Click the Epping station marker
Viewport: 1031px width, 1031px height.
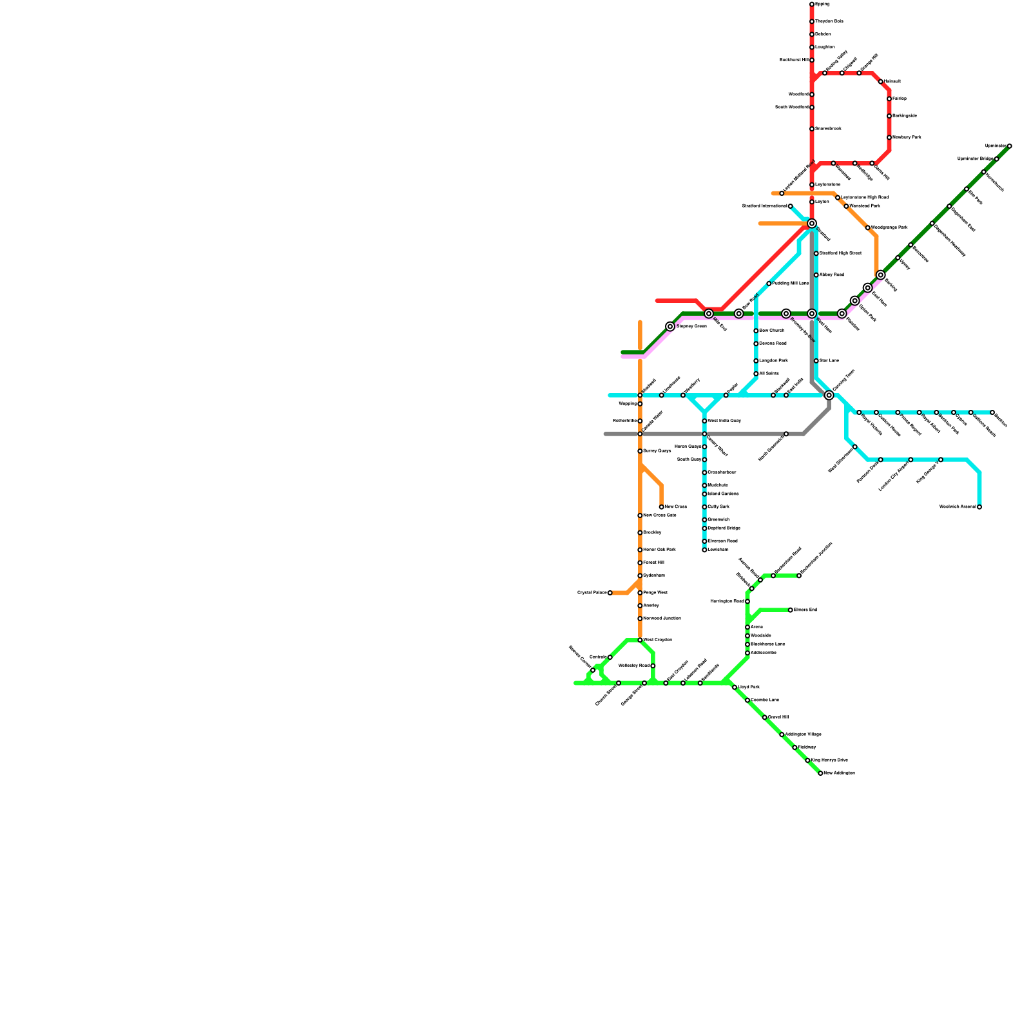click(x=812, y=5)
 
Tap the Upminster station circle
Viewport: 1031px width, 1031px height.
click(x=1009, y=146)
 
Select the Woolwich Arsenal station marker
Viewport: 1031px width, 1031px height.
click(x=979, y=507)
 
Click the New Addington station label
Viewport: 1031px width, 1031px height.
click(x=839, y=773)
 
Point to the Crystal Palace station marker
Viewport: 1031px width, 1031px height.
click(x=610, y=593)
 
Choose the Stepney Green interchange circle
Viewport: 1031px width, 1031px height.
click(x=670, y=327)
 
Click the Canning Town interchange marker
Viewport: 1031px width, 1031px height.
click(x=829, y=395)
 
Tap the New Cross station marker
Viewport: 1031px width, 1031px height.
click(x=662, y=507)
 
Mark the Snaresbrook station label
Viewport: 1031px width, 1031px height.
click(x=828, y=129)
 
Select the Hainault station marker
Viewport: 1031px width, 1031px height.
click(x=881, y=82)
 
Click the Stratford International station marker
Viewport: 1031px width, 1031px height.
click(x=791, y=206)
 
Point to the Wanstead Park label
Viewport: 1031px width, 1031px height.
click(x=864, y=206)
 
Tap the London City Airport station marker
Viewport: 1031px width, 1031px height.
click(x=911, y=459)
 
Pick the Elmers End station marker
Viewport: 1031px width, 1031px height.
click(x=791, y=610)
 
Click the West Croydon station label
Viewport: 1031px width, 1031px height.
click(x=657, y=640)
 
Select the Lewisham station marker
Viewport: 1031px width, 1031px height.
click(x=704, y=550)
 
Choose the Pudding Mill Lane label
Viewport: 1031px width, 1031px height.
click(x=791, y=284)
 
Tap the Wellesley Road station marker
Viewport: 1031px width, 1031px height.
click(x=653, y=666)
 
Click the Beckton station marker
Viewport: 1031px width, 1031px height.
click(x=992, y=412)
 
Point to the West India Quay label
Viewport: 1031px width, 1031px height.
click(x=724, y=421)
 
